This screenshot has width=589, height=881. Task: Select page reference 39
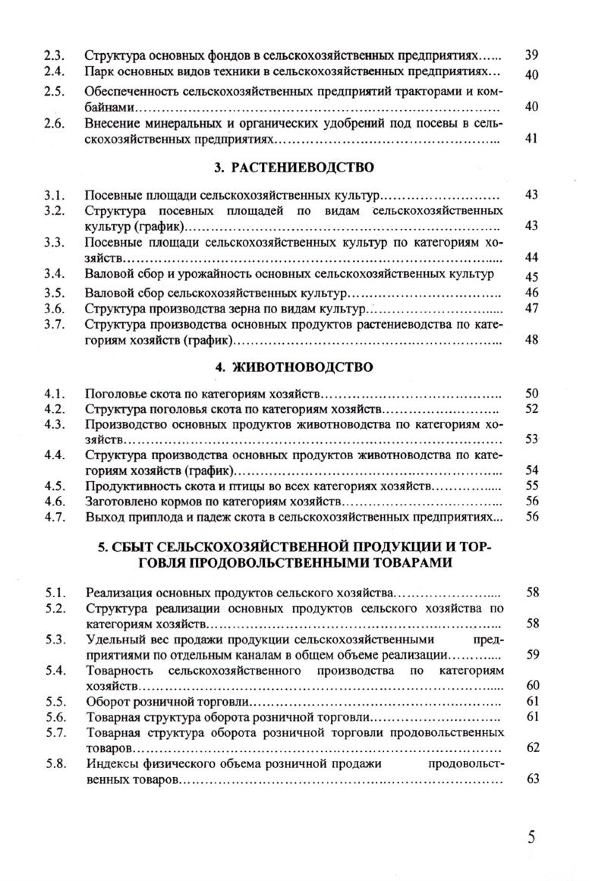click(531, 56)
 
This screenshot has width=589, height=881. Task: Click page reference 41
click(531, 140)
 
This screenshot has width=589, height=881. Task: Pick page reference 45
click(531, 278)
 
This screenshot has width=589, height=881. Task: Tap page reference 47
click(531, 308)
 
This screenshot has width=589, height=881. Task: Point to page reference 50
click(531, 393)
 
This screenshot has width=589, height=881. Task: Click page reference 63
click(531, 779)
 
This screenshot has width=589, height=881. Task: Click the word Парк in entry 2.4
click(98, 73)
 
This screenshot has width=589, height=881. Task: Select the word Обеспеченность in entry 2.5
click(126, 92)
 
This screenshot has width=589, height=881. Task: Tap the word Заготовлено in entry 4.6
click(118, 502)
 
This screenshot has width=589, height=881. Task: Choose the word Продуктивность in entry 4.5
click(126, 486)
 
